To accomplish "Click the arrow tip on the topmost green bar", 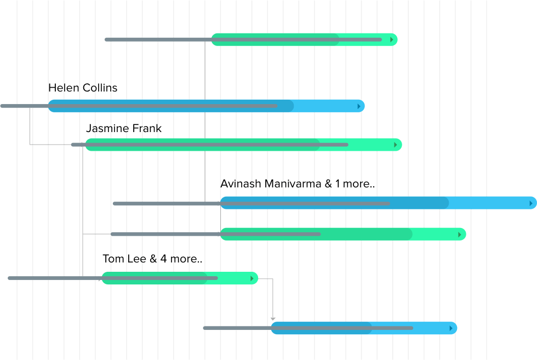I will pos(392,39).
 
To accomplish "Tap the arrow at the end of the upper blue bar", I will pos(359,106).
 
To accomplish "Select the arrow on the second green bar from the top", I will pos(396,145).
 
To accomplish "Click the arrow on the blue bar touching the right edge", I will pos(531,203).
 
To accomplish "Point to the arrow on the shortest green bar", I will pos(252,278).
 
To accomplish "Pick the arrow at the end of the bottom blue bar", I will pos(451,328).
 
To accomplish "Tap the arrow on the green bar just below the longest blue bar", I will pos(460,235).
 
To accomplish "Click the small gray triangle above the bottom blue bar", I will pos(273,319).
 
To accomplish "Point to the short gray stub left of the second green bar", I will pos(77,145).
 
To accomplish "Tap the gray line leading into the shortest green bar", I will pos(55,278).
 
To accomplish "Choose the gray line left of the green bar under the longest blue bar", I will pos(164,234).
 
